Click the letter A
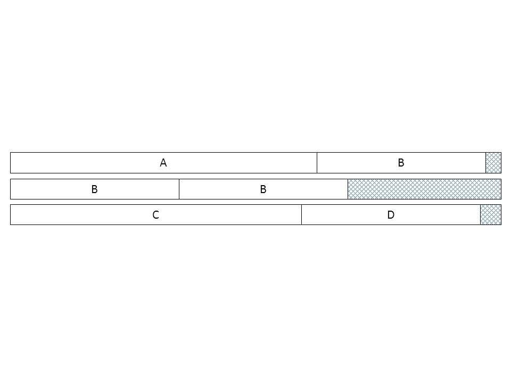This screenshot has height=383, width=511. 163,163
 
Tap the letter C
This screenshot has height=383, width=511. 156,214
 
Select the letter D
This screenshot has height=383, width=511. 391,214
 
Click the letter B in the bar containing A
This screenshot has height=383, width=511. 401,163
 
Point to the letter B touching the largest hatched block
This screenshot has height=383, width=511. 263,189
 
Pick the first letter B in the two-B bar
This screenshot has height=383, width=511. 95,189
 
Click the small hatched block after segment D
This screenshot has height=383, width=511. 491,214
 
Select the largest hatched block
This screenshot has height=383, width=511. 424,189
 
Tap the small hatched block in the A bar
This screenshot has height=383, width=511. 493,163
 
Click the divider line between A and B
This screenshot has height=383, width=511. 317,163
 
